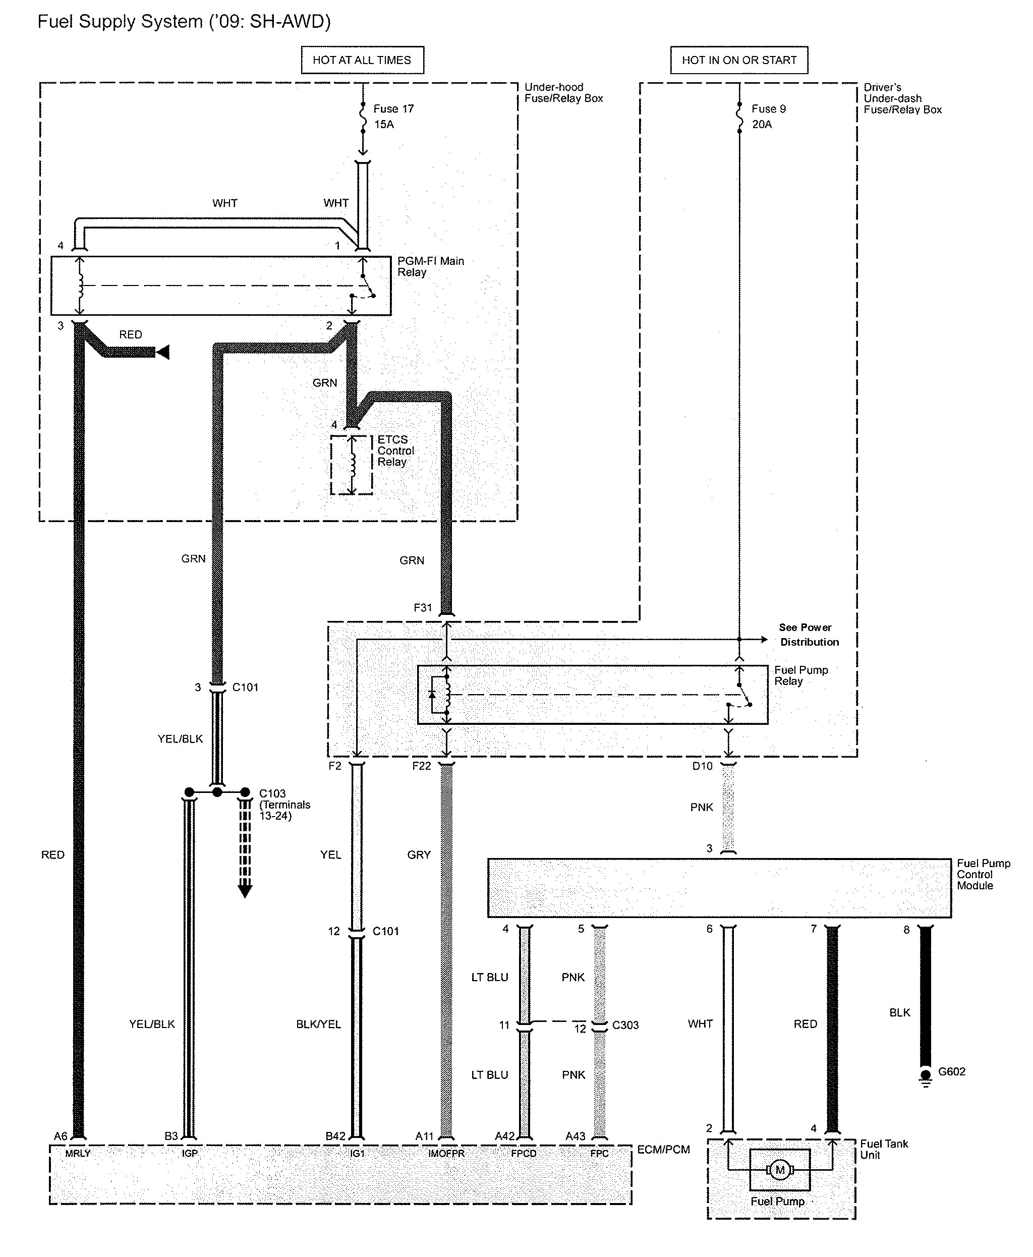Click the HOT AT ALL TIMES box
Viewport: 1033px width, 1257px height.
[x=362, y=60]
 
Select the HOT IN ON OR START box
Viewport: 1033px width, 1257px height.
[x=738, y=60]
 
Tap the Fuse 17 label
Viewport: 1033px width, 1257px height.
[x=393, y=109]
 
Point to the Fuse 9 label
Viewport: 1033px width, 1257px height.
[x=768, y=109]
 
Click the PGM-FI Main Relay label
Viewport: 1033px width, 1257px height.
[x=430, y=267]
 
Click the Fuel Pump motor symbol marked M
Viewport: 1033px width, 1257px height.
[x=779, y=1170]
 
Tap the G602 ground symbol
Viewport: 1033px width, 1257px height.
[x=925, y=1076]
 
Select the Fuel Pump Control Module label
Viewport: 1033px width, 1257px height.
[x=983, y=874]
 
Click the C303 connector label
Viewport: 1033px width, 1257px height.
[x=625, y=1025]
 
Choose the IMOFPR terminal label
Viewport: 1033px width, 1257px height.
[x=446, y=1153]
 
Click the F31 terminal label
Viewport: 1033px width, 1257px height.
[x=423, y=608]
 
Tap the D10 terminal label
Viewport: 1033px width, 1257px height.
[x=702, y=766]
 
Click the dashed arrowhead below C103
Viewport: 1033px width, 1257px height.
[x=245, y=890]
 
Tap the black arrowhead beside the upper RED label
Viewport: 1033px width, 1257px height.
[x=162, y=353]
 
